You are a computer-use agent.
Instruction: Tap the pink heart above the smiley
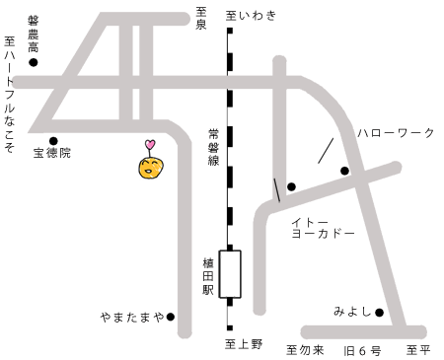[x=150, y=146]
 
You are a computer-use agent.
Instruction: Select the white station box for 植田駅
[x=230, y=273]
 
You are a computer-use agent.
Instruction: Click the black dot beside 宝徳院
[x=53, y=140]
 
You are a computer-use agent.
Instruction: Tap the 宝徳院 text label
[x=52, y=154]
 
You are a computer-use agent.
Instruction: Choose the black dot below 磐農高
[x=33, y=62]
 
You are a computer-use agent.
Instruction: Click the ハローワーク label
[x=395, y=131]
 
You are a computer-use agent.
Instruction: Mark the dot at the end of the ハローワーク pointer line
[x=344, y=172]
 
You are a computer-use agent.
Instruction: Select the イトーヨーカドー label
[x=327, y=230]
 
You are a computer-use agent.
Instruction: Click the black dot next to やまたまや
[x=170, y=317]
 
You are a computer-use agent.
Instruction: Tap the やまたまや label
[x=131, y=317]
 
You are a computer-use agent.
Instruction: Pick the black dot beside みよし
[x=379, y=313]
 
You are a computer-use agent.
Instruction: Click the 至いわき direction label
[x=252, y=15]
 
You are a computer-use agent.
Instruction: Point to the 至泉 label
[x=200, y=19]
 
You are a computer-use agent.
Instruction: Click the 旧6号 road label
[x=361, y=350]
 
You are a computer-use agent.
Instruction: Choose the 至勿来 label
[x=304, y=350]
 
